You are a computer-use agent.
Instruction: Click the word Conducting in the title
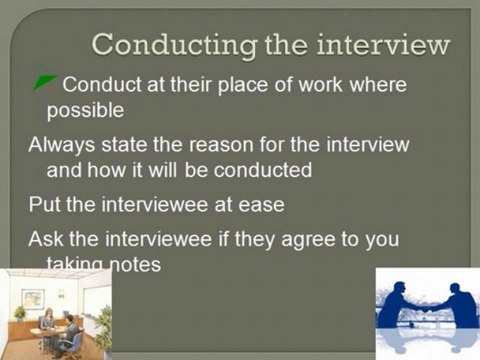pyautogui.click(x=175, y=46)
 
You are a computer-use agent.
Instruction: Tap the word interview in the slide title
pyautogui.click(x=383, y=45)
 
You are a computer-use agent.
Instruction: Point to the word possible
pyautogui.click(x=85, y=111)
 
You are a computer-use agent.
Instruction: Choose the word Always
pyautogui.click(x=62, y=145)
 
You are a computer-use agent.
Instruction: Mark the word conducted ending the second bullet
pyautogui.click(x=263, y=170)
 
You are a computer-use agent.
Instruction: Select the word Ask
pyautogui.click(x=46, y=239)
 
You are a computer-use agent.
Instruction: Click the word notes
pyautogui.click(x=136, y=264)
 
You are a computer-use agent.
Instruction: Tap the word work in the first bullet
pyautogui.click(x=320, y=85)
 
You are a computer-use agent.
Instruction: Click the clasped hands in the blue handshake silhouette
pyautogui.click(x=427, y=309)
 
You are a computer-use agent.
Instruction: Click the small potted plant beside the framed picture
pyautogui.click(x=19, y=312)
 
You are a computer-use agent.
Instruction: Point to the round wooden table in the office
pyautogui.click(x=44, y=332)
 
